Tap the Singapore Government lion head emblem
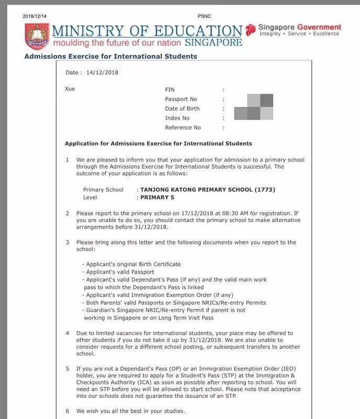click(251, 29)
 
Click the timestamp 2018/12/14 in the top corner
click(35, 16)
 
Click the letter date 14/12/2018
click(102, 72)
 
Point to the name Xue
click(70, 89)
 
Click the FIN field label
click(170, 90)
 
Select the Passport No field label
click(181, 100)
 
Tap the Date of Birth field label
click(182, 109)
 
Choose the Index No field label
click(177, 118)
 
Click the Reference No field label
click(183, 128)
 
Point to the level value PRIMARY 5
click(157, 197)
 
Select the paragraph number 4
click(67, 333)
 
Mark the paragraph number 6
click(67, 411)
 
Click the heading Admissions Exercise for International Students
click(110, 56)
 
